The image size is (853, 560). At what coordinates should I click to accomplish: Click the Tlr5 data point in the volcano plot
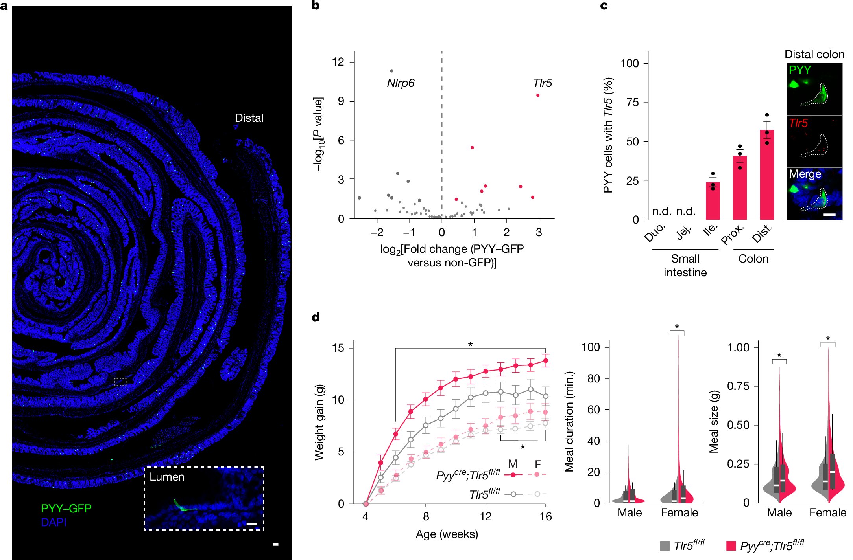pos(537,95)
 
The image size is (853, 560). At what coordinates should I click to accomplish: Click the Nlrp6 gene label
pos(400,83)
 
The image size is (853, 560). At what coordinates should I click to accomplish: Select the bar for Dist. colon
pos(767,174)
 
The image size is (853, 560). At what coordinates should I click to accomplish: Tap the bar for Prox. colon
pos(740,187)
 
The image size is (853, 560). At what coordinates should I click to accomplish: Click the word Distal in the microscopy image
pos(249,118)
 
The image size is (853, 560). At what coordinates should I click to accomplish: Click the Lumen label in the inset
pos(167,477)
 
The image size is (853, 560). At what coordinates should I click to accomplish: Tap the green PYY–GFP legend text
pos(66,508)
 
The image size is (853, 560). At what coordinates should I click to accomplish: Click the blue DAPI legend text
pos(54,522)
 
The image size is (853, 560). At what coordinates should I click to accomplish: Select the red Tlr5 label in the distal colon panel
pos(798,123)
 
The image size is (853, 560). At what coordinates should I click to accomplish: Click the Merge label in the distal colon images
pos(805,174)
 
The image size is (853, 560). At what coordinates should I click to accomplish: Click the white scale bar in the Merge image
pos(829,215)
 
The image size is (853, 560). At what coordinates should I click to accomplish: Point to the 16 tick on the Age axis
pos(545,516)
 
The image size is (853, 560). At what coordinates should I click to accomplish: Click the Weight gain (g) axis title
pos(319,422)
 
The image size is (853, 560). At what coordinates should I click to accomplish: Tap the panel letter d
pos(316,317)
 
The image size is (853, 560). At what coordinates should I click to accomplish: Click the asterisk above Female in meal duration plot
pos(677,327)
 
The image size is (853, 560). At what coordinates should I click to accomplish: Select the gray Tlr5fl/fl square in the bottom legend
pos(665,545)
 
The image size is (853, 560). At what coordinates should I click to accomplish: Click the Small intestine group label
pos(685,265)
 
